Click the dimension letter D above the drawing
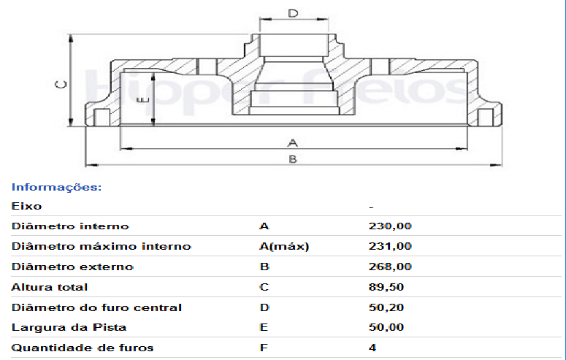pos(293,13)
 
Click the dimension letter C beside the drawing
pos(61,84)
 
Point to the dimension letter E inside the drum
pos(144,99)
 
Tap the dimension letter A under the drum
pos(293,142)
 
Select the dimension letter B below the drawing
pos(293,159)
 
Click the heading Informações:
pos(57,187)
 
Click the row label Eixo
pos(27,206)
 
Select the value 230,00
pos(390,226)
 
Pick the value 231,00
pos(390,246)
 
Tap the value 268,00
pos(390,267)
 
